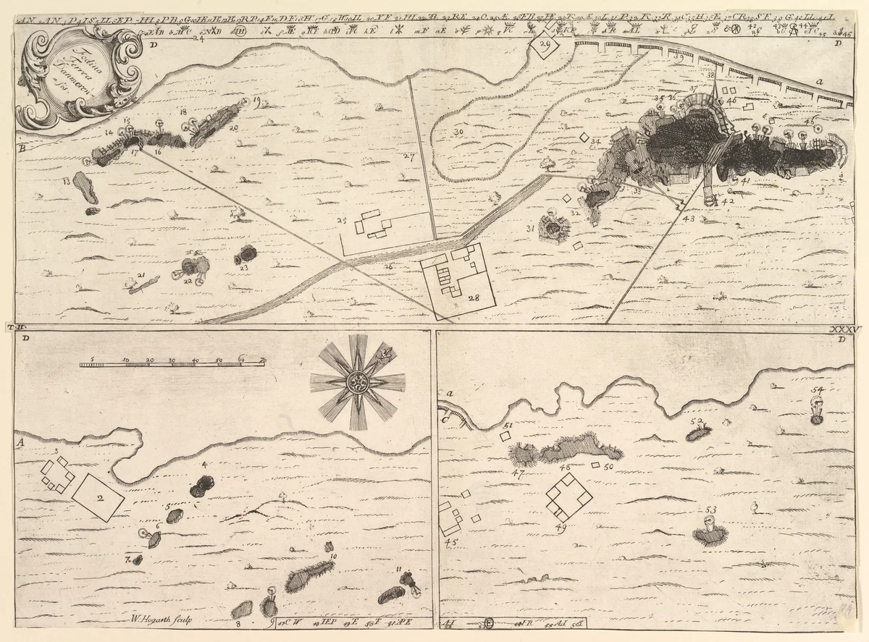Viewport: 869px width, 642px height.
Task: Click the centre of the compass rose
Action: click(358, 383)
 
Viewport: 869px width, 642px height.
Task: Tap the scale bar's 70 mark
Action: click(262, 360)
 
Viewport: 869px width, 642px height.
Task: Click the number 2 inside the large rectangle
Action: click(100, 497)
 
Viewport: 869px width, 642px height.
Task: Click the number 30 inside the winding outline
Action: click(458, 132)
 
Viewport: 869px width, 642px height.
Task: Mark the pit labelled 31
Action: click(555, 229)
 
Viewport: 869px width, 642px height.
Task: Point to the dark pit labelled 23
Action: click(246, 255)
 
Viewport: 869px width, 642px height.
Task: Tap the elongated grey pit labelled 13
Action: click(87, 190)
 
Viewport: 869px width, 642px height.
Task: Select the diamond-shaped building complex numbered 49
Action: click(568, 497)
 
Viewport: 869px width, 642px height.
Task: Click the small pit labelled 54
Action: click(817, 417)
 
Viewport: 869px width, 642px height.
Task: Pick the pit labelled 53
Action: click(710, 536)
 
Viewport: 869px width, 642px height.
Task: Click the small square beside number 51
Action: click(505, 437)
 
